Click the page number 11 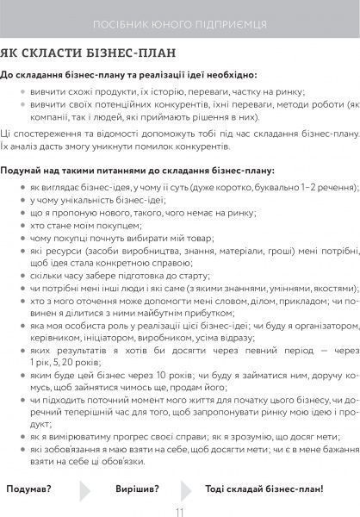click(180, 510)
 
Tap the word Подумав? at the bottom click(28, 489)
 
